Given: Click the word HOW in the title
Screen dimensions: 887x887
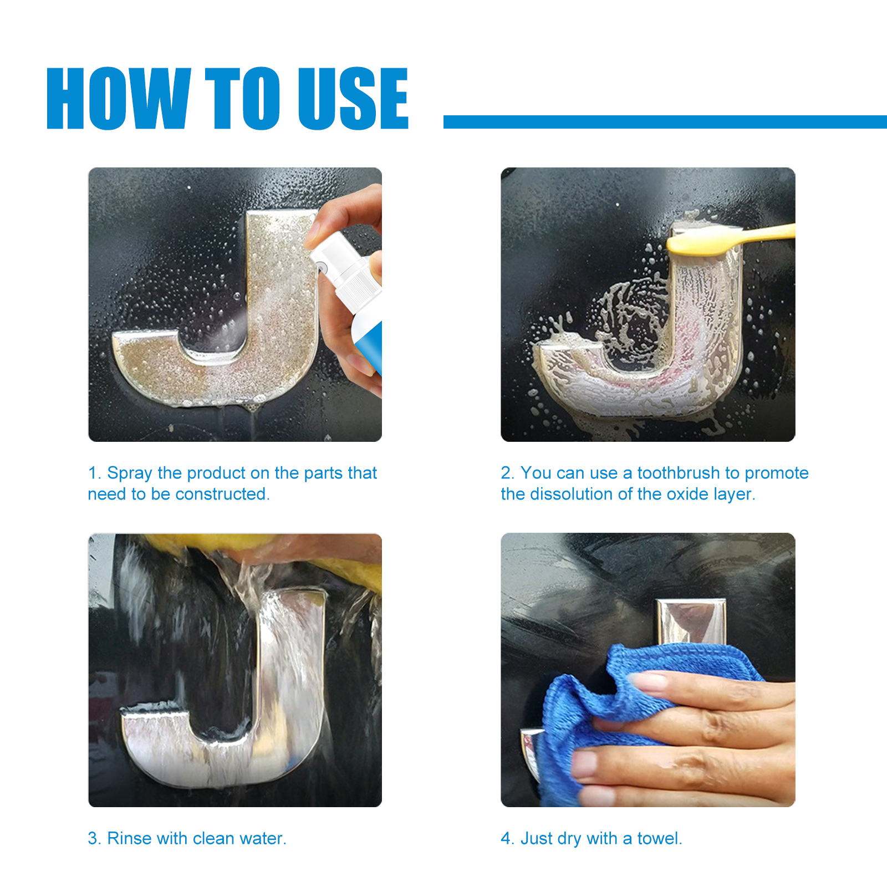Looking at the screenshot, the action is (x=119, y=98).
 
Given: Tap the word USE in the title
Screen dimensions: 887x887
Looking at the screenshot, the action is (x=353, y=98).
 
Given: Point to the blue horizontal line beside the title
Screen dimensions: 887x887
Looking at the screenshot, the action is (x=665, y=122).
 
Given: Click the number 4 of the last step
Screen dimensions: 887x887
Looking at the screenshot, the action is (x=506, y=838).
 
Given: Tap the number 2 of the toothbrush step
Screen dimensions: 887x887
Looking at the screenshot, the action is (x=506, y=473).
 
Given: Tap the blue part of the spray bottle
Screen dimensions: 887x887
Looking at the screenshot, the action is (x=370, y=346).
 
